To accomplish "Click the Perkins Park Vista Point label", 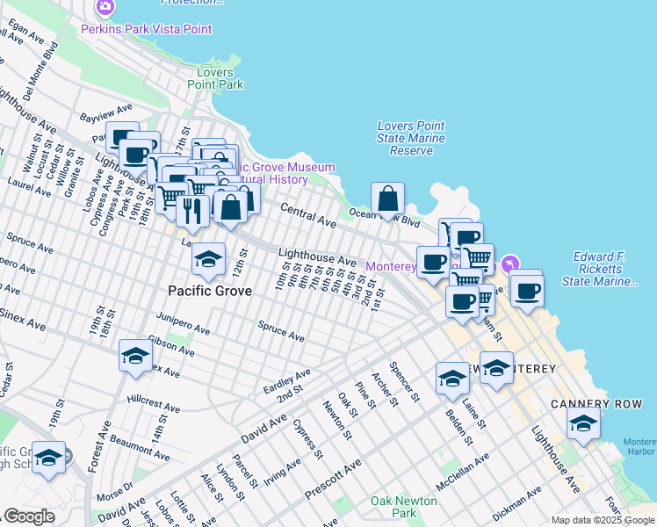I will point(146,29).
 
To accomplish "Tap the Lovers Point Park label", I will point(215,78).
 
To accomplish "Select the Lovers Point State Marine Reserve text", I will point(411,138).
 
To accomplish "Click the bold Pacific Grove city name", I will point(210,290).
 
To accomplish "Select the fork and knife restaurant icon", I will point(191,210).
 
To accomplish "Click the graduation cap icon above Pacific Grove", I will point(208,258).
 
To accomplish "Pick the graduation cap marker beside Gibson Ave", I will point(134,356).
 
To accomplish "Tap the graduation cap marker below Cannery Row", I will point(583,424).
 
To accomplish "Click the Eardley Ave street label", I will point(286,381).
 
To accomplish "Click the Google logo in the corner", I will point(29,516).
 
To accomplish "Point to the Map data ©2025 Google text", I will point(603,520).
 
